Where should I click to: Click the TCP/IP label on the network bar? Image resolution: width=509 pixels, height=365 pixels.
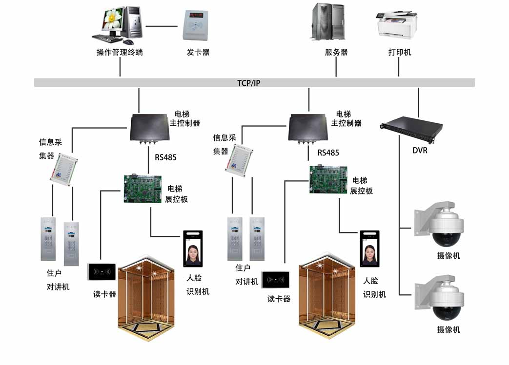249,83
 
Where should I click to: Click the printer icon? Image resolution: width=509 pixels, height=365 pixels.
396,24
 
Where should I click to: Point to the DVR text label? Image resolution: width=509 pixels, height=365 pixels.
420,151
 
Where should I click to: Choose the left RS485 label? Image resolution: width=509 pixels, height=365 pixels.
165,157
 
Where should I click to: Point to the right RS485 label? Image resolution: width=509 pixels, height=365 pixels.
328,153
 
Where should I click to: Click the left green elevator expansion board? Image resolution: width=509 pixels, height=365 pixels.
142,188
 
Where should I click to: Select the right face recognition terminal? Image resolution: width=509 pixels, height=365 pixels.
369,248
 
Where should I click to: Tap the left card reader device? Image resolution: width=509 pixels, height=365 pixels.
102,272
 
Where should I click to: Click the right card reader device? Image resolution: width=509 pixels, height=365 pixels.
275,280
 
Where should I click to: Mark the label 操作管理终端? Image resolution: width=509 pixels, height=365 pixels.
120,53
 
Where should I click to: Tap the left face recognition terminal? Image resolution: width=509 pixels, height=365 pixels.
193,249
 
